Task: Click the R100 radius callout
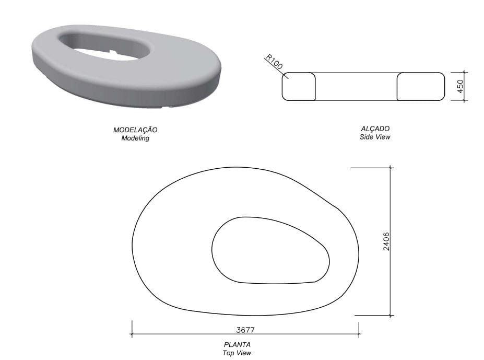click(274, 62)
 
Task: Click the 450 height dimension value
click(460, 86)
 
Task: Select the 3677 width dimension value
click(245, 330)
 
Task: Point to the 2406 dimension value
click(386, 241)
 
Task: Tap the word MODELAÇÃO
click(135, 130)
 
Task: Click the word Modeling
click(135, 138)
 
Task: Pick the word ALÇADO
click(375, 128)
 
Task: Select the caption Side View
click(375, 137)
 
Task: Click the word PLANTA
click(237, 344)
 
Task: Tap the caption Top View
click(237, 353)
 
